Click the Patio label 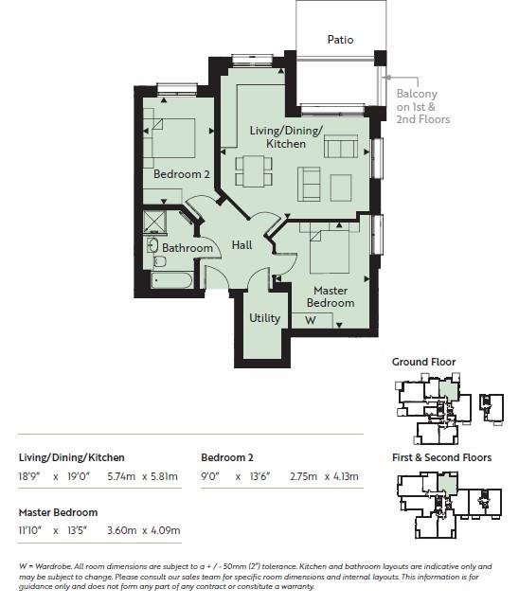coord(340,40)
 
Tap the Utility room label coord(264,318)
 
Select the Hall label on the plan coord(242,245)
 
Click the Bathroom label coord(188,248)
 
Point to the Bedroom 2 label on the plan coord(182,174)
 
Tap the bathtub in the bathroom coord(172,281)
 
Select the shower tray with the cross coord(153,222)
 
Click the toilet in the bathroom coord(154,248)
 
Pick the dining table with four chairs coord(253,169)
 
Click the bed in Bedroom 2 coord(171,138)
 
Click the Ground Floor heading coord(423,362)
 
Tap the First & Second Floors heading coord(441,457)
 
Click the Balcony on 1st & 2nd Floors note coord(421,106)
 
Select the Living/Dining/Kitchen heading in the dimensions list coord(72,457)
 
